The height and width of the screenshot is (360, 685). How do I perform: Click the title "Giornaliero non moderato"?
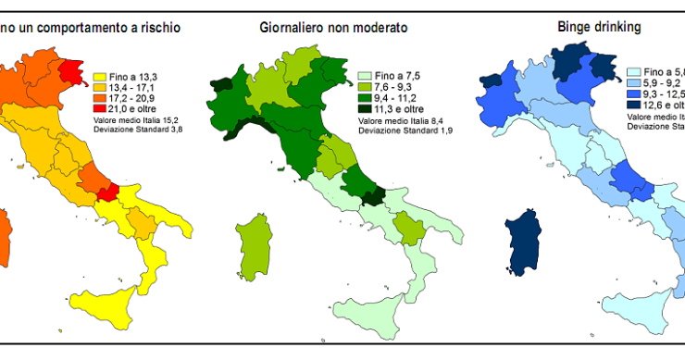coord(333,28)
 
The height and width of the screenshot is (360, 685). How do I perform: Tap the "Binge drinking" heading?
coord(600,27)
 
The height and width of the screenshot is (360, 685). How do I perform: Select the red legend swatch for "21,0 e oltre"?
coord(102,107)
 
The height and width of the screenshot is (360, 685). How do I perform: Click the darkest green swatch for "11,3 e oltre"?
coord(364,108)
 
